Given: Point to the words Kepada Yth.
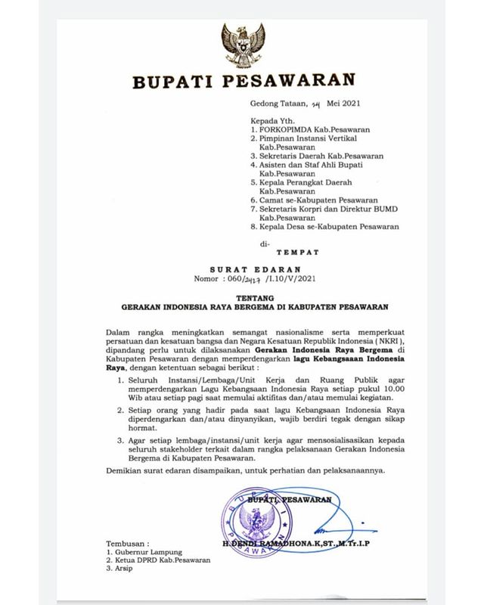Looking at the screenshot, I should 270,120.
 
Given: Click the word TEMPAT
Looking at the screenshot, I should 301,250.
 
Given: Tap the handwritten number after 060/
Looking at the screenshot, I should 263,278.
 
